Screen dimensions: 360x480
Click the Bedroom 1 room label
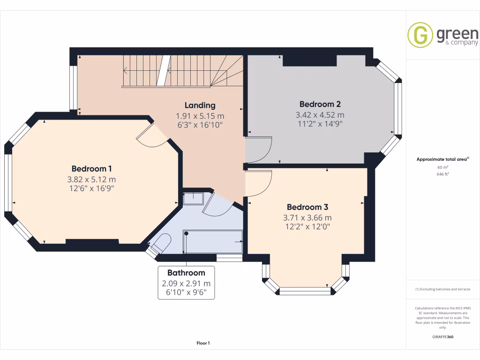(91, 169)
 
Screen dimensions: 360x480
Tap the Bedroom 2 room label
(320, 104)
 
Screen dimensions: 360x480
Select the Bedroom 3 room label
(307, 207)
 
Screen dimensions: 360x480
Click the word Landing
(200, 105)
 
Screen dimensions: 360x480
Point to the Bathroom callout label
(186, 273)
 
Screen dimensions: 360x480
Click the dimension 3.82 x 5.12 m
(91, 179)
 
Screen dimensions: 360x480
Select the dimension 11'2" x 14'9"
(320, 124)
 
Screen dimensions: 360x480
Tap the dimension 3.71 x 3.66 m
(307, 217)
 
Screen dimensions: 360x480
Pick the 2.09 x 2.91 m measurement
(186, 284)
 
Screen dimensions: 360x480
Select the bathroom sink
(192, 199)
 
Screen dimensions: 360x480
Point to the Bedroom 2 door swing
(259, 149)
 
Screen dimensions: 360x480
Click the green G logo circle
(420, 35)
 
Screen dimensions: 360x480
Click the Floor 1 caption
(203, 343)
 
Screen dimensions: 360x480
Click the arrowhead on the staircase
(126, 71)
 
